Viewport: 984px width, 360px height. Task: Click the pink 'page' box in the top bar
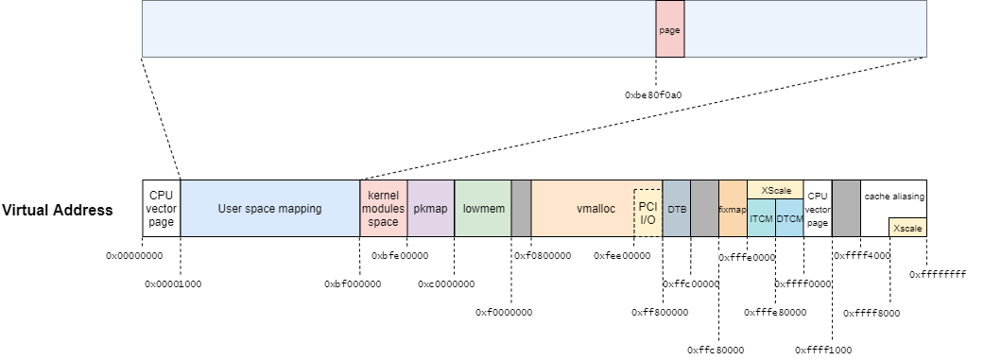tap(669, 29)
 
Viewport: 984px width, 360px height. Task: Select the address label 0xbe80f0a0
tap(653, 94)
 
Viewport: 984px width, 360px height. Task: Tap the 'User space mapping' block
tap(269, 208)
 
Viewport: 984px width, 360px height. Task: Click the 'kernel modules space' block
tap(383, 208)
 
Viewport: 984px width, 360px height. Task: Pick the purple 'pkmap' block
tap(430, 208)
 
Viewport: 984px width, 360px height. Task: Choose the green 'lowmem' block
tap(482, 208)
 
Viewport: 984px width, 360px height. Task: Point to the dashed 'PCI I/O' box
tap(647, 213)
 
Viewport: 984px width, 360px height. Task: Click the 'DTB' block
tap(677, 208)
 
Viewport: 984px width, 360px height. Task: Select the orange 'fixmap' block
tap(733, 209)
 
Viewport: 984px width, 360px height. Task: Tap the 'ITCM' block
tap(761, 218)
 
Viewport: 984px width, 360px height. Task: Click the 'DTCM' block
tap(789, 218)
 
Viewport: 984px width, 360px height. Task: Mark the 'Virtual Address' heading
tap(58, 209)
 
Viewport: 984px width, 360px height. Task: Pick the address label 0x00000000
tap(134, 255)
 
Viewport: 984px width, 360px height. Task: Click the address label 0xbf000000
tap(353, 283)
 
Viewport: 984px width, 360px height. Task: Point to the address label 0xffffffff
tap(938, 274)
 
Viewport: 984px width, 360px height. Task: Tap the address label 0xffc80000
tap(716, 350)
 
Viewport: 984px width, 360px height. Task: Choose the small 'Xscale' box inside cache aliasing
tap(907, 228)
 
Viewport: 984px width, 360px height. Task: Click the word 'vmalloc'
tap(596, 208)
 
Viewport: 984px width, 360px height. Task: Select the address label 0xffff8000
tap(872, 312)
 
